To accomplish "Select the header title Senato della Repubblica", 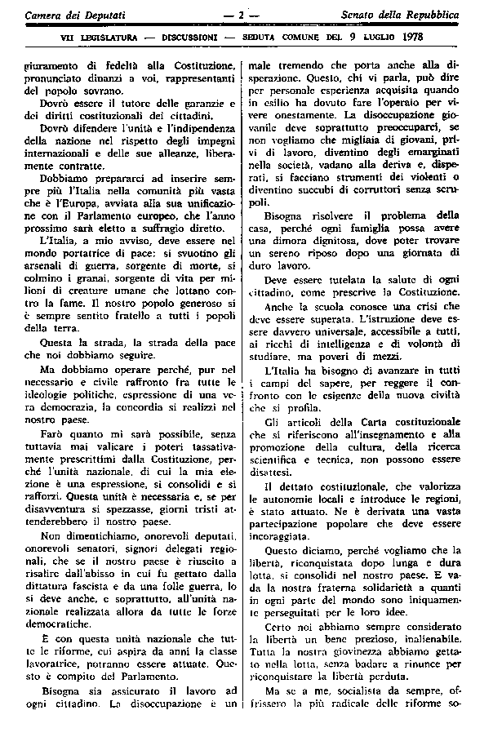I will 411,16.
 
